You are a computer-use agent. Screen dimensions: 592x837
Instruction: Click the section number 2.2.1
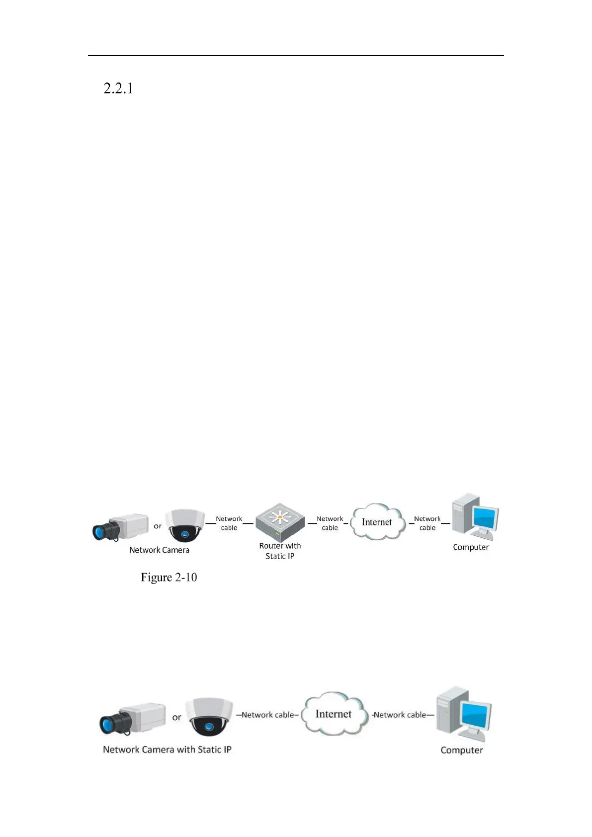(x=118, y=88)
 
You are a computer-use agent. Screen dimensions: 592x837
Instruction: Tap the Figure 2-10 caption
(x=169, y=577)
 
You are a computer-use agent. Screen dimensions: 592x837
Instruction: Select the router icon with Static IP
(x=280, y=521)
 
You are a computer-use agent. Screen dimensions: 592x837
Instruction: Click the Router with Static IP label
(x=280, y=551)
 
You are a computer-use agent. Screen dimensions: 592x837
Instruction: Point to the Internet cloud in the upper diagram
(x=377, y=522)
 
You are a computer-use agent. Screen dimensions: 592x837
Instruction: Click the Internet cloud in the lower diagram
(x=334, y=714)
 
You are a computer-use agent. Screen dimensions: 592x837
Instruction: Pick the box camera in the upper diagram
(x=121, y=527)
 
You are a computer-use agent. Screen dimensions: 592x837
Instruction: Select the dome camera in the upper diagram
(x=184, y=525)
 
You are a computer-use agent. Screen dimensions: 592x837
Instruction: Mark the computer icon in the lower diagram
(x=463, y=713)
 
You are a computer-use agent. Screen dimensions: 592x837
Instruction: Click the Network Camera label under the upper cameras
(x=159, y=550)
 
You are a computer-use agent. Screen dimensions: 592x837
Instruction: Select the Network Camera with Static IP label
(x=167, y=750)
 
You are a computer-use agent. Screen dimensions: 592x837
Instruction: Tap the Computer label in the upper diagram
(x=471, y=547)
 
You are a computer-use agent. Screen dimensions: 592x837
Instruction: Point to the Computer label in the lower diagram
(x=462, y=750)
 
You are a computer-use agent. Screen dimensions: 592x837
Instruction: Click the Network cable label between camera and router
(x=229, y=523)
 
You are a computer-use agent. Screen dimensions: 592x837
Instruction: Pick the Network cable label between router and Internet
(x=330, y=523)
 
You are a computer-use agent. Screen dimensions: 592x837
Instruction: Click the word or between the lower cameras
(x=176, y=717)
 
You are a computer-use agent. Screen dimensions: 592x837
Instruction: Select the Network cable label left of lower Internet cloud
(x=267, y=715)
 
